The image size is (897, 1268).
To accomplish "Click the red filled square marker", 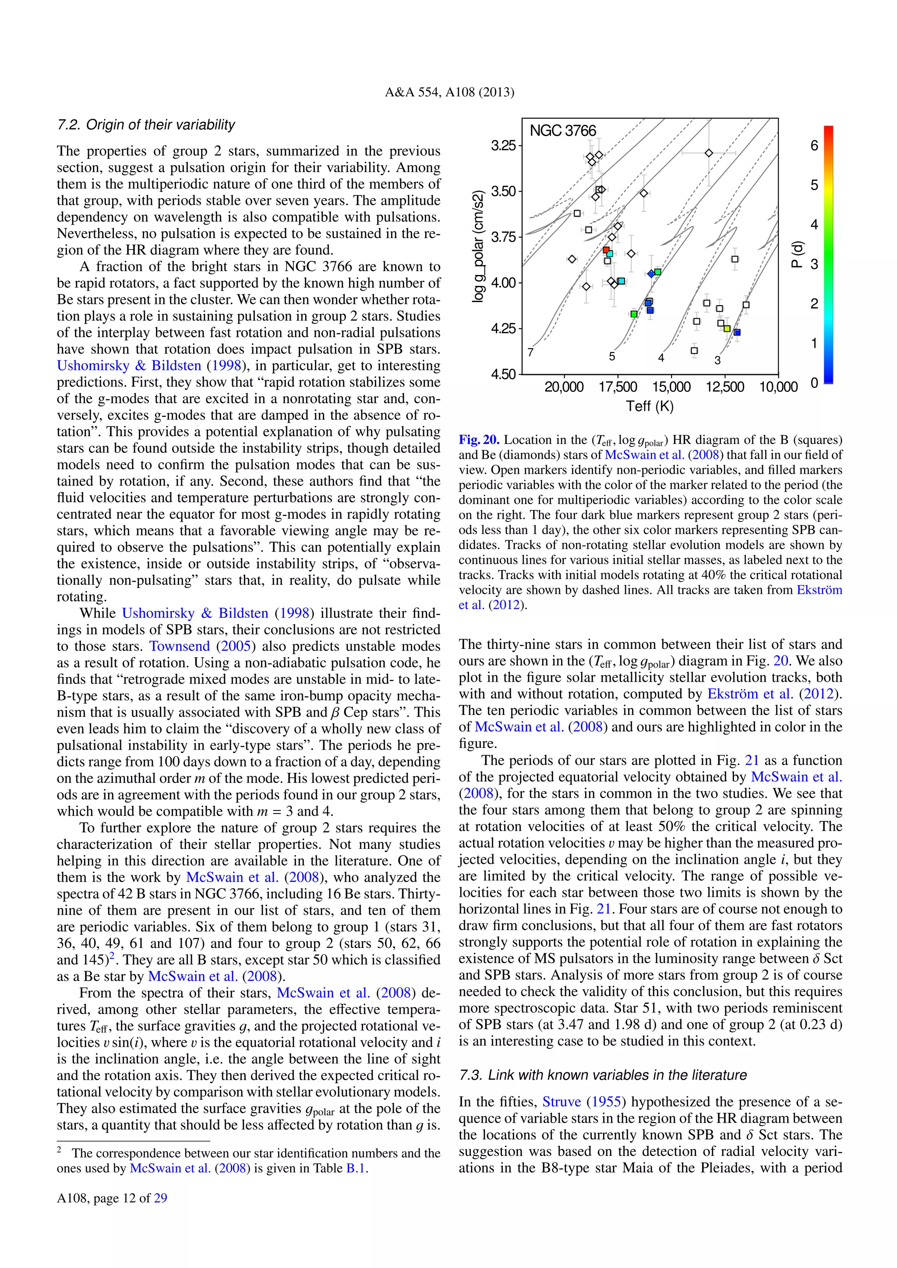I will point(606,250).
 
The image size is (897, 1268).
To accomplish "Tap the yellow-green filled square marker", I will point(727,328).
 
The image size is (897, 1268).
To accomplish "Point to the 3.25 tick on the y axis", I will point(503,146).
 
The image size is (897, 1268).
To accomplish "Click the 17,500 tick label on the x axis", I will point(618,387).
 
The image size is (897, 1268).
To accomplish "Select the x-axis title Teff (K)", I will point(650,406).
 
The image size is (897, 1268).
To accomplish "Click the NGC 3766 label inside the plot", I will point(562,131).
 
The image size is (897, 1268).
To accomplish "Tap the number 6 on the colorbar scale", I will point(814,146).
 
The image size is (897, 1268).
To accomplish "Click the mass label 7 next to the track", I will point(530,352).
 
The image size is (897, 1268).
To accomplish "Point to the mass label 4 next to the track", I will point(661,357).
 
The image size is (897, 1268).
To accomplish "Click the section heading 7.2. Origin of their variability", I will point(146,125).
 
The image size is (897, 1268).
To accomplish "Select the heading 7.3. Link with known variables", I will point(603,1075).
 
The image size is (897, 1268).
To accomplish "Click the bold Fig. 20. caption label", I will point(479,440).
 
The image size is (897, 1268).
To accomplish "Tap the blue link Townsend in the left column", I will point(180,646).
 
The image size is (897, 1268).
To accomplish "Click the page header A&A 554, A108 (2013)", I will point(449,92).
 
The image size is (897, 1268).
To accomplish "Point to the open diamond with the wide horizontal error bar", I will point(709,153).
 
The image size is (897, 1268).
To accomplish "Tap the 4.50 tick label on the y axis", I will point(503,374).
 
